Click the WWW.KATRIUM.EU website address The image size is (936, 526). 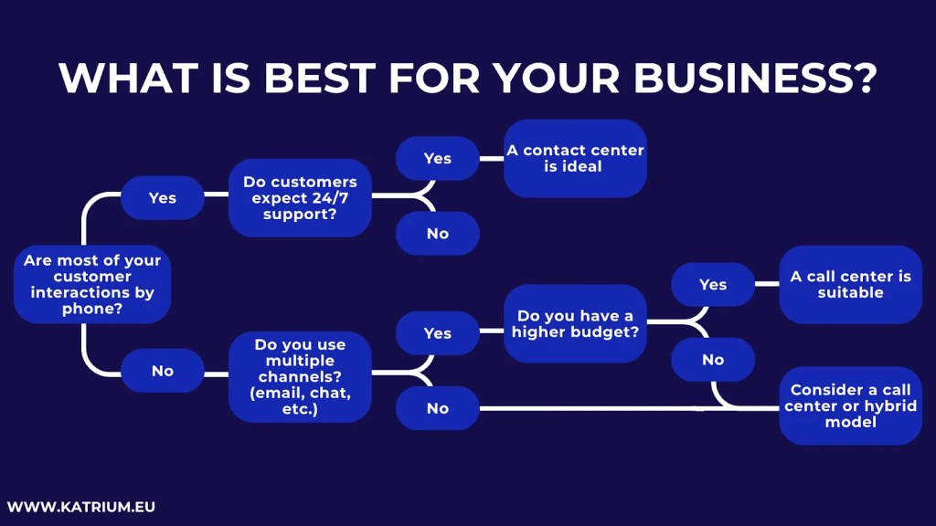pyautogui.click(x=81, y=506)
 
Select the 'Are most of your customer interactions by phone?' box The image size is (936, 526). pyautogui.click(x=92, y=285)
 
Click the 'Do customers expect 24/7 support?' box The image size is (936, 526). pyautogui.click(x=300, y=198)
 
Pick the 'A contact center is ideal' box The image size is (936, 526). pyautogui.click(x=576, y=158)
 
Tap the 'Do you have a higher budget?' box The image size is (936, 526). pyautogui.click(x=575, y=324)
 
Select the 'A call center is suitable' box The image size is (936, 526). pyautogui.click(x=850, y=284)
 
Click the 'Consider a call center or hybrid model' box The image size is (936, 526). pyautogui.click(x=850, y=405)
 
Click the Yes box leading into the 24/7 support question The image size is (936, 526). pyautogui.click(x=163, y=198)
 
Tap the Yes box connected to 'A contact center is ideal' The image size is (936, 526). pyautogui.click(x=438, y=158)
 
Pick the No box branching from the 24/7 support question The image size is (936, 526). pyautogui.click(x=438, y=234)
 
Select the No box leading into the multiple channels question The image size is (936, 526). pyautogui.click(x=163, y=371)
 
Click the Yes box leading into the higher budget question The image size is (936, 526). pyautogui.click(x=438, y=333)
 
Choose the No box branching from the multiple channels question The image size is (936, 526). pyautogui.click(x=438, y=408)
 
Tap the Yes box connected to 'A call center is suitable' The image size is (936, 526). pyautogui.click(x=713, y=285)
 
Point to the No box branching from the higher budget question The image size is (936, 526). pyautogui.click(x=713, y=360)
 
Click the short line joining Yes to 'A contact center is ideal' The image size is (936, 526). pyautogui.click(x=492, y=158)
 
